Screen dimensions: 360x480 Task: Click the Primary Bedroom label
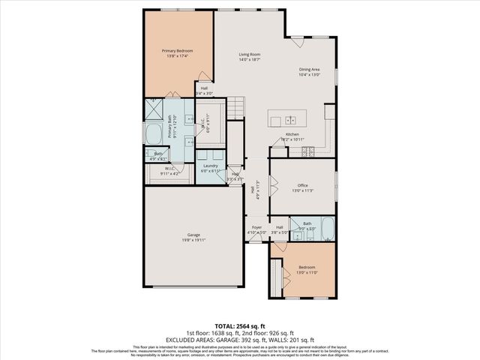pyautogui.click(x=178, y=51)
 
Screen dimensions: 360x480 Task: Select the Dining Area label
pyautogui.click(x=309, y=70)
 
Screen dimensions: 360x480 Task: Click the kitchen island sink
pyautogui.click(x=290, y=120)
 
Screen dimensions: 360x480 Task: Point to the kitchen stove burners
pyautogui.click(x=307, y=151)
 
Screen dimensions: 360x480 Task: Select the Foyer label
pyautogui.click(x=256, y=227)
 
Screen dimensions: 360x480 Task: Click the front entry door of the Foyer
pyautogui.click(x=257, y=238)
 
